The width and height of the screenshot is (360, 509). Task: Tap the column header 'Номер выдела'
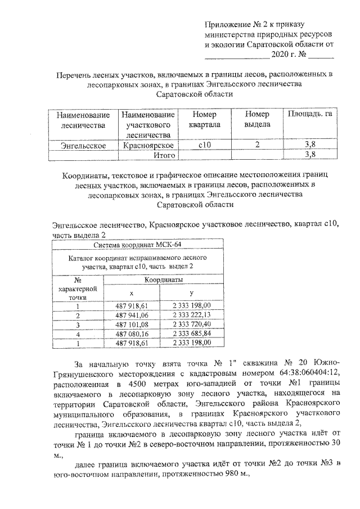point(258,119)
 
